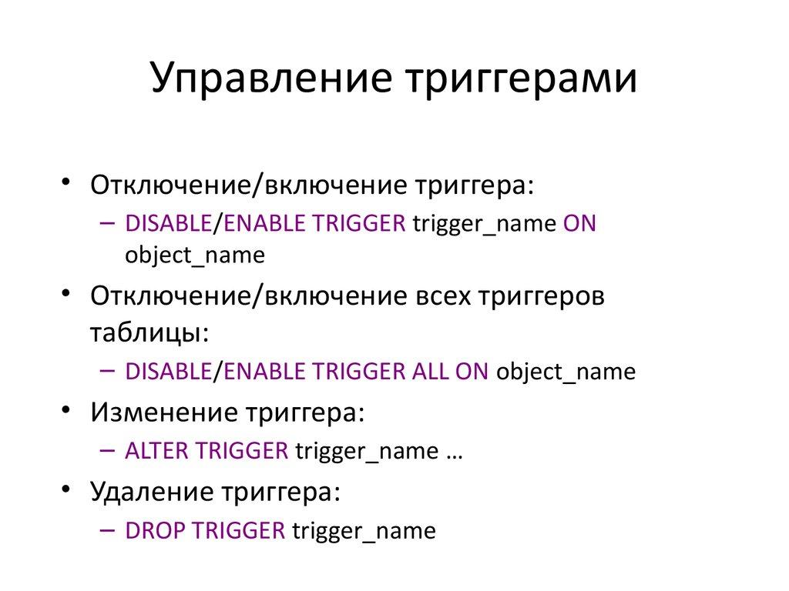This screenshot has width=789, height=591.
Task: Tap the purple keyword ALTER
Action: click(157, 451)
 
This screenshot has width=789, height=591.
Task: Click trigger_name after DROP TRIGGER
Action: click(364, 531)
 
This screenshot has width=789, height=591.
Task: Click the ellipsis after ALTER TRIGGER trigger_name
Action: click(454, 452)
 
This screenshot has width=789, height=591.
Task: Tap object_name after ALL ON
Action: click(566, 372)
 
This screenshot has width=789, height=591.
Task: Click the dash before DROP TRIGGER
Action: click(108, 529)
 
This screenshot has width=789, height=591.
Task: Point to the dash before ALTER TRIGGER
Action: click(108, 450)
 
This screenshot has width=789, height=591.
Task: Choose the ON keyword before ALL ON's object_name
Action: click(472, 372)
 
